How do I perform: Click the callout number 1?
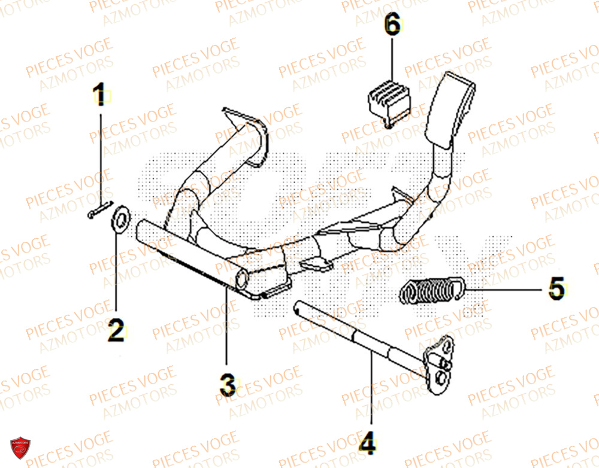(101, 95)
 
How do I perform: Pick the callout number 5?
(556, 289)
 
